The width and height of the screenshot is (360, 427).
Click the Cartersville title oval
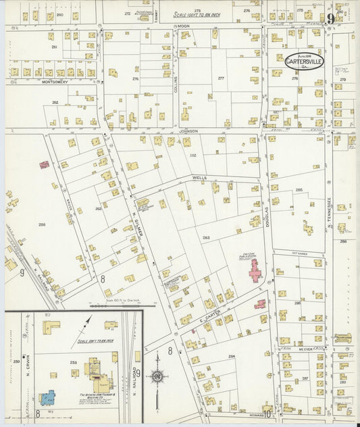303,61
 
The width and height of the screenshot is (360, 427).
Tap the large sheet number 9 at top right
330,19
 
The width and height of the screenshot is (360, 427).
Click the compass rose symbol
157,376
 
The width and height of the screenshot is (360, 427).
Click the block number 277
220,78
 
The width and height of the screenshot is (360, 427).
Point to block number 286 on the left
42,224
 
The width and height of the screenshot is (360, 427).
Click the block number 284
231,356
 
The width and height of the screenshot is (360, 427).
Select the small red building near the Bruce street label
44,164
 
